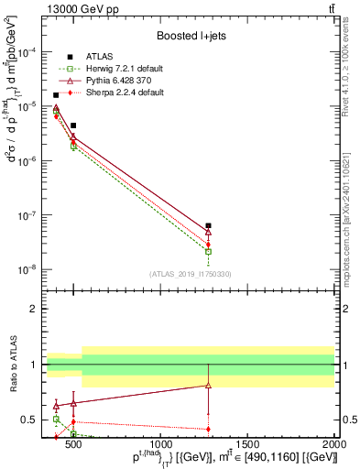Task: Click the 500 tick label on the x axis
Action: coord(73,442)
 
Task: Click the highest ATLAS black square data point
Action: coord(56,94)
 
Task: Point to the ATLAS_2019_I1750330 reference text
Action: coord(189,274)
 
